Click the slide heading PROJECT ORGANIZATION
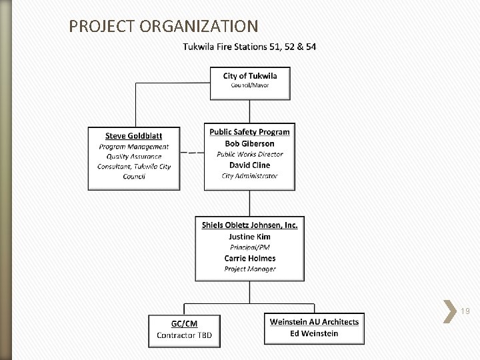click(x=163, y=26)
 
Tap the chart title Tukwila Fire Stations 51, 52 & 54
click(x=249, y=47)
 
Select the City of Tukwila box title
click(x=250, y=75)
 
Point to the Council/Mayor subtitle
click(x=250, y=85)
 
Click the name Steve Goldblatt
click(x=134, y=136)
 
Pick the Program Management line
click(x=134, y=147)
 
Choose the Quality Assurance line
click(x=134, y=157)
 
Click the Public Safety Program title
click(x=250, y=132)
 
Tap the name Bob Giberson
click(x=250, y=143)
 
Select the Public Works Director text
click(x=250, y=154)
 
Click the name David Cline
click(x=250, y=165)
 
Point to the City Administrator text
click(x=250, y=176)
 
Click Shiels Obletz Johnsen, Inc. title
click(x=250, y=225)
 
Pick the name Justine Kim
click(x=250, y=237)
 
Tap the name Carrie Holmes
click(x=250, y=258)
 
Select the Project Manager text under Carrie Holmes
click(x=250, y=269)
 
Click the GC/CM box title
click(x=184, y=323)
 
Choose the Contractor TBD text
click(x=184, y=335)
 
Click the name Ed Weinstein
click(x=314, y=333)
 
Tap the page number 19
click(x=465, y=311)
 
